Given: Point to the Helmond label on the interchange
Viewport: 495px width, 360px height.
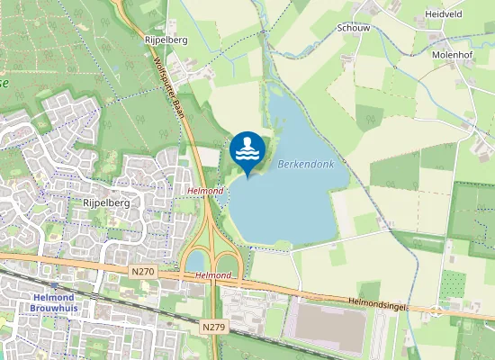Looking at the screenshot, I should click(213, 274).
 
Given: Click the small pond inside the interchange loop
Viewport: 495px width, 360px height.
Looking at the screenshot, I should click(195, 261).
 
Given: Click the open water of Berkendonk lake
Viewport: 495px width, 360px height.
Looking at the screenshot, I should click(288, 207).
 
